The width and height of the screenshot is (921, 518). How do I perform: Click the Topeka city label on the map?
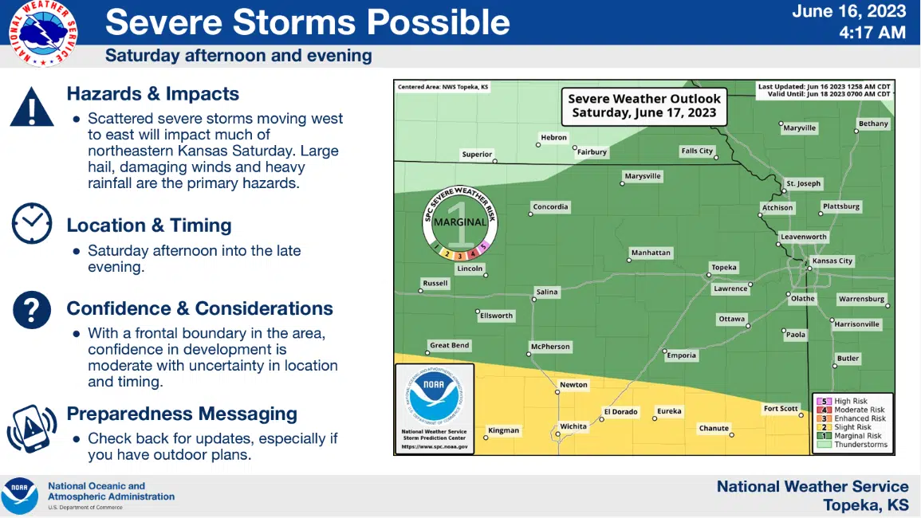coord(724,268)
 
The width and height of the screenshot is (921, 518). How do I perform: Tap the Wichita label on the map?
coord(573,426)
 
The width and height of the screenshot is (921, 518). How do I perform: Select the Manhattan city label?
coord(651,253)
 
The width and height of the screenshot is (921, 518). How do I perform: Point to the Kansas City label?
coord(832,261)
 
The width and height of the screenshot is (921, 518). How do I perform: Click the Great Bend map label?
coord(450,346)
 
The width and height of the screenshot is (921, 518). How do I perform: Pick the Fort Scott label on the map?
coord(781,409)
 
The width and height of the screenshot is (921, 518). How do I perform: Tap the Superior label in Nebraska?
coord(477,155)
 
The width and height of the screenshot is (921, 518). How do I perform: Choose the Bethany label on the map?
coord(873,124)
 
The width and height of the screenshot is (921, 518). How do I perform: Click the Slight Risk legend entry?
coord(853,427)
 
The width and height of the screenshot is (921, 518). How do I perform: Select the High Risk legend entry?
coord(851,402)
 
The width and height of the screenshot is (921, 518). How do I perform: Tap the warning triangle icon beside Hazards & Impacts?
coord(32,108)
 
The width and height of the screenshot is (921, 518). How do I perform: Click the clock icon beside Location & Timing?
coord(32,223)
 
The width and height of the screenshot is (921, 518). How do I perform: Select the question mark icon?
coord(32,309)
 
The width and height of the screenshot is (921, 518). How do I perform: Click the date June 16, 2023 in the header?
coord(848,11)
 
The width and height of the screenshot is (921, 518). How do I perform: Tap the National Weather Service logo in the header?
coord(43,33)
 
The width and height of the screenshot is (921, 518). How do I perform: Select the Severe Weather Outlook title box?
coord(644,105)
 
